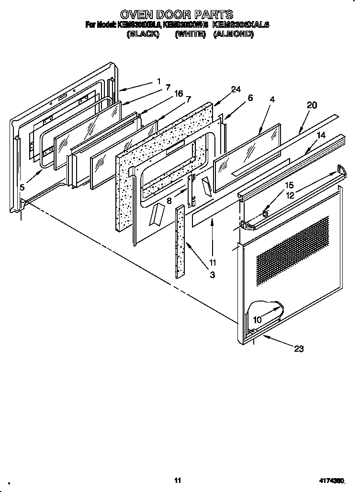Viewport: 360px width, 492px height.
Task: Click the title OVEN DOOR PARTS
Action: tap(177, 14)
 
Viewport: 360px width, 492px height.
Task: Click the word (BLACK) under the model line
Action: tap(143, 35)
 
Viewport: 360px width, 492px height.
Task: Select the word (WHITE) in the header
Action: tap(190, 35)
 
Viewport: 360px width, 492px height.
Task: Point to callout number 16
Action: tap(179, 94)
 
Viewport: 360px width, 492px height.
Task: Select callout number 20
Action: tap(312, 106)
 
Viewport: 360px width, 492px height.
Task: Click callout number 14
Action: tap(320, 135)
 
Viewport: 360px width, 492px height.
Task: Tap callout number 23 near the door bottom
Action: tap(299, 349)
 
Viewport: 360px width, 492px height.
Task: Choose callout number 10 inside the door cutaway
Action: tap(257, 320)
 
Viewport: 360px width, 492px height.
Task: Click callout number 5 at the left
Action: tap(22, 187)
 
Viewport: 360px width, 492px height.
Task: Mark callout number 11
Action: tap(213, 262)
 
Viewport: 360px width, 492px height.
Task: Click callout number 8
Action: tap(169, 201)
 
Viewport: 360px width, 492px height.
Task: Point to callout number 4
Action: tap(272, 100)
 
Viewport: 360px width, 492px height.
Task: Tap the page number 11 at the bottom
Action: tap(178, 480)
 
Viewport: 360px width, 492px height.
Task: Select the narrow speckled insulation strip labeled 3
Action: tap(180, 242)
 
